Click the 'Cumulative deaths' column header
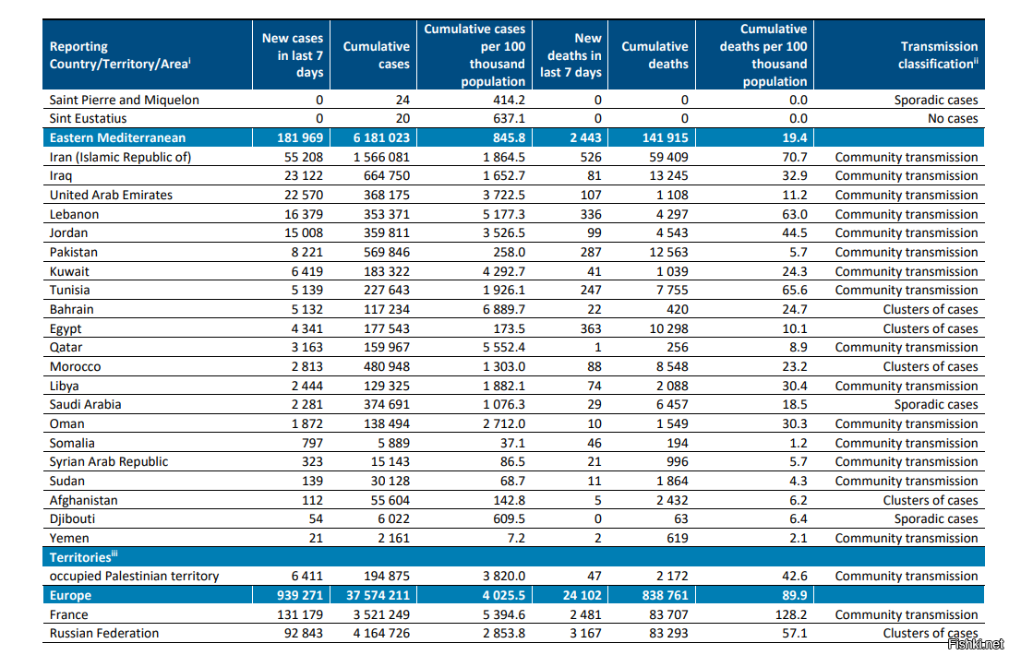pyautogui.click(x=655, y=55)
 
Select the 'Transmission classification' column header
pyautogui.click(x=938, y=55)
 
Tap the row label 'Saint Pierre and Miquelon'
pyautogui.click(x=125, y=100)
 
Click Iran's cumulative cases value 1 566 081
pyautogui.click(x=381, y=157)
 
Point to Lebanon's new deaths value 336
pyautogui.click(x=591, y=214)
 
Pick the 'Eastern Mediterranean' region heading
pyautogui.click(x=117, y=137)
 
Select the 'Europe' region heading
pyautogui.click(x=70, y=595)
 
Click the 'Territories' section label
pyautogui.click(x=83, y=556)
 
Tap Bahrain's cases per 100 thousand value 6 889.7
pyautogui.click(x=504, y=309)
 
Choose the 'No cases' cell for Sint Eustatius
pyautogui.click(x=953, y=118)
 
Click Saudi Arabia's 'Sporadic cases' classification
pyautogui.click(x=936, y=404)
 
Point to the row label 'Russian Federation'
pyautogui.click(x=104, y=633)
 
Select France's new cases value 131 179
pyautogui.click(x=300, y=614)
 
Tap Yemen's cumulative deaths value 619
pyautogui.click(x=678, y=538)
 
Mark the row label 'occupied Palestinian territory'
pyautogui.click(x=135, y=576)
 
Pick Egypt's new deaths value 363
pyautogui.click(x=591, y=328)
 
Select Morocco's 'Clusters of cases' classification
pyautogui.click(x=931, y=366)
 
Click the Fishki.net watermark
pyautogui.click(x=976, y=644)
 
